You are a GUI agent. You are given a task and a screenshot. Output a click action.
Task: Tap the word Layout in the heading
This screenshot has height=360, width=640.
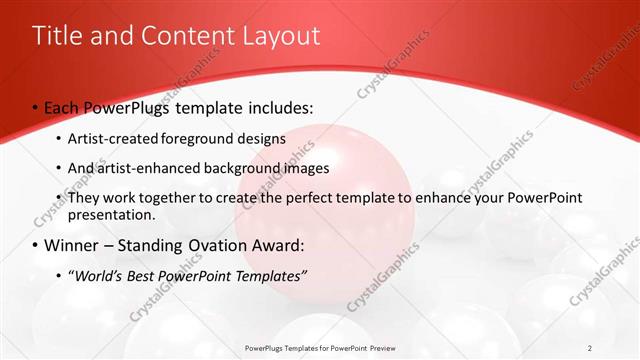pyautogui.click(x=281, y=37)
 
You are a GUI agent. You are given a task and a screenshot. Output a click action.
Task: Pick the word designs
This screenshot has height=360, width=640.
pyautogui.click(x=261, y=138)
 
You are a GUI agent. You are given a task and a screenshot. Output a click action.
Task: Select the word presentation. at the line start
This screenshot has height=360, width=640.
pyautogui.click(x=112, y=215)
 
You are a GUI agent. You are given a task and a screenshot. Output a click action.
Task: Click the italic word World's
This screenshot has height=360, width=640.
pyautogui.click(x=98, y=275)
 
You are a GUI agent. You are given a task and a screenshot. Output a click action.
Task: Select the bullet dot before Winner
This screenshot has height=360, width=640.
pyautogui.click(x=36, y=246)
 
